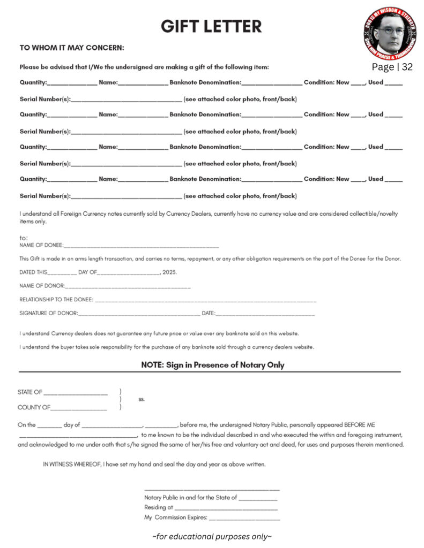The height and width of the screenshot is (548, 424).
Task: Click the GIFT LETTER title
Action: [x=212, y=26]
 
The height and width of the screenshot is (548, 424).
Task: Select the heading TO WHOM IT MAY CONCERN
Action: [x=72, y=48]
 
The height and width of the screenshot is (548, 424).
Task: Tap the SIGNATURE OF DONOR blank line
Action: [x=139, y=314]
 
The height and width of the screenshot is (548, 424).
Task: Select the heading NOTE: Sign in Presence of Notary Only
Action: [x=212, y=365]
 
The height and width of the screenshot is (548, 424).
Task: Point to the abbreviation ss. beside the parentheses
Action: [x=142, y=399]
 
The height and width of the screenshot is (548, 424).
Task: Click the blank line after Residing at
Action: [x=226, y=508]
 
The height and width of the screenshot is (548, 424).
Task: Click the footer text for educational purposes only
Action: [x=212, y=536]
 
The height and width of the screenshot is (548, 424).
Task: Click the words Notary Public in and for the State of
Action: [x=190, y=498]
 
